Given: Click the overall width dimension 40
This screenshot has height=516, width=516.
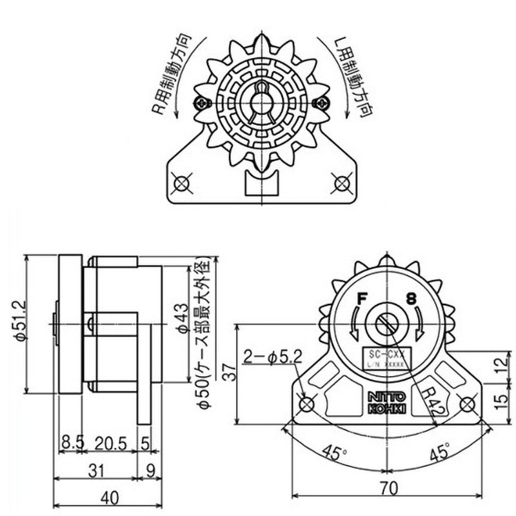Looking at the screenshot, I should coord(109,498).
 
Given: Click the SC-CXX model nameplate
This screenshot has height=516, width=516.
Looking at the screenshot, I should coord(386,359).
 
